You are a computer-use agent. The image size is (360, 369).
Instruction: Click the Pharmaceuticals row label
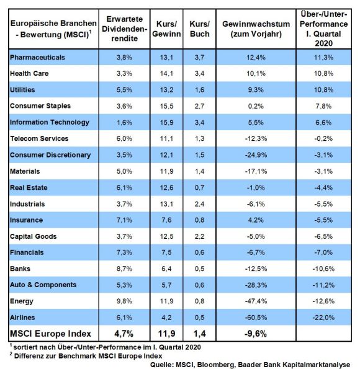[37, 58]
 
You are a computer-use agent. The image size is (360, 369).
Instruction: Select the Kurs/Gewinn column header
[166, 29]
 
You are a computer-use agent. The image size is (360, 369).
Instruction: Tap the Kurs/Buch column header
[200, 29]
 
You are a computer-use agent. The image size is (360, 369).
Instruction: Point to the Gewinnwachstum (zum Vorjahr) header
[256, 29]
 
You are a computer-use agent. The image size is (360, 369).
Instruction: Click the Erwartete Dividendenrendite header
[124, 29]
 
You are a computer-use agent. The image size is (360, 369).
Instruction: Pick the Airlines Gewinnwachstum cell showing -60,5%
[256, 318]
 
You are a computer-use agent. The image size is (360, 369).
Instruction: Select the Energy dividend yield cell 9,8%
[124, 301]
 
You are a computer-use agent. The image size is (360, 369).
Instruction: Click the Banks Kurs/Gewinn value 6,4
[166, 269]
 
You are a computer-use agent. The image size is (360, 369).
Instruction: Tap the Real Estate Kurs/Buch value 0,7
[200, 187]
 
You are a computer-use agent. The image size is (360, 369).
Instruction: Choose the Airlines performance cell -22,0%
[323, 318]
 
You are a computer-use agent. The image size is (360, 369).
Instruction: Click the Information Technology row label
[50, 122]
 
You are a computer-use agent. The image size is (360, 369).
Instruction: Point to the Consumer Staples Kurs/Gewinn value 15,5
[166, 106]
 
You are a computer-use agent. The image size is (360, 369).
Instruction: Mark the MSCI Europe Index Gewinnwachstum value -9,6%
[256, 334]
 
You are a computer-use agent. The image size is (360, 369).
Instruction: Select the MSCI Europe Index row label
[50, 334]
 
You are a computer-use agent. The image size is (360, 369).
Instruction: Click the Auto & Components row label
[43, 285]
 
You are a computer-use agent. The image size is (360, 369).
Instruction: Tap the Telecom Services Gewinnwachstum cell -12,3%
[256, 139]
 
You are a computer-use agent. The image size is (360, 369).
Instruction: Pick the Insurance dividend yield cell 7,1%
[124, 220]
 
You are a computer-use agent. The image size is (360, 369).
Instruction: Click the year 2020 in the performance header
[324, 43]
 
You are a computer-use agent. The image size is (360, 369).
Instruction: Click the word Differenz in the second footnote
[29, 356]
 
